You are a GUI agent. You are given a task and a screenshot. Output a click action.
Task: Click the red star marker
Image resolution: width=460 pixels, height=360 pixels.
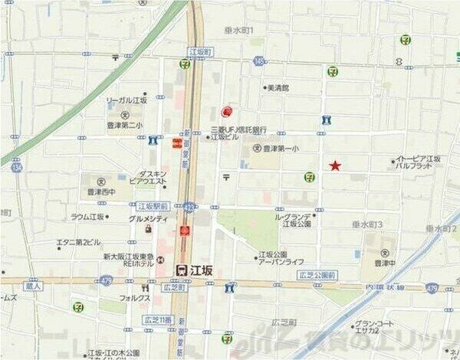click(x=335, y=165)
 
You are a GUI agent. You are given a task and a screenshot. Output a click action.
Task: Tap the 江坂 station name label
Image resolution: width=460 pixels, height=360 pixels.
click(x=200, y=270)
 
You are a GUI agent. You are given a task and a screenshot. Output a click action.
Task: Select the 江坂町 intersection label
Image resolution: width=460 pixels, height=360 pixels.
click(x=199, y=51)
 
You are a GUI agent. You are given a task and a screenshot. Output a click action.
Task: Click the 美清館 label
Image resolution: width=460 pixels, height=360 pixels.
click(x=278, y=88)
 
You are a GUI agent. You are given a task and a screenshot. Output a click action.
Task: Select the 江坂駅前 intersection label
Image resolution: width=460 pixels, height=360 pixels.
click(x=153, y=206)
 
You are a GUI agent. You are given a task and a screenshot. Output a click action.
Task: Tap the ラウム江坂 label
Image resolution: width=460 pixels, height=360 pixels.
click(x=90, y=217)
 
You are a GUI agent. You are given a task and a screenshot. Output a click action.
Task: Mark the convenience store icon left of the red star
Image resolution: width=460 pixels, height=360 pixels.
click(x=309, y=176)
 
